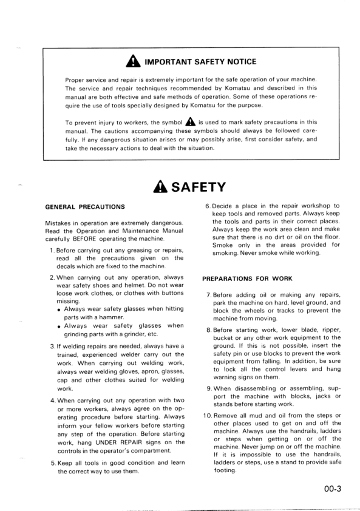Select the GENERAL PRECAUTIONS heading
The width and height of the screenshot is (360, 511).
tap(85, 207)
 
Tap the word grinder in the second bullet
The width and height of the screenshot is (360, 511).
tap(131, 334)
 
